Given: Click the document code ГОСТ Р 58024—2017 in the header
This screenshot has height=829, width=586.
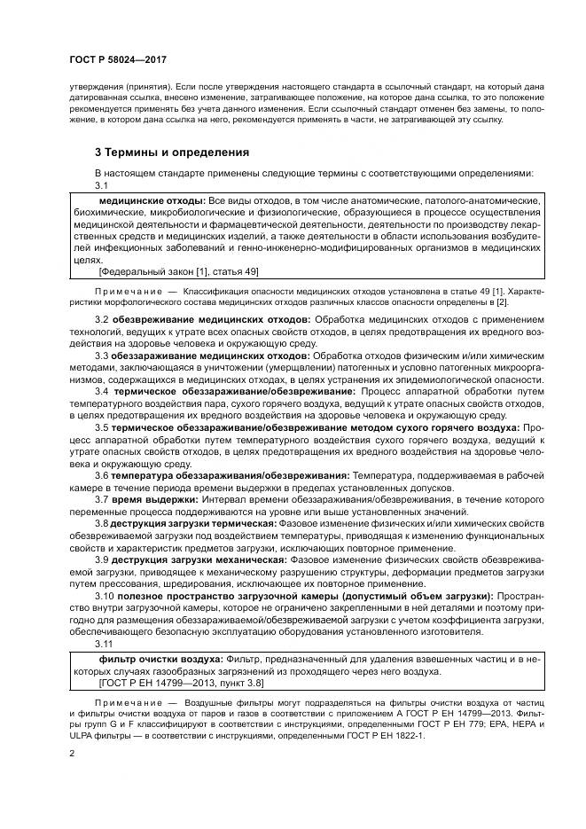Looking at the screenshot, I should click(x=119, y=59).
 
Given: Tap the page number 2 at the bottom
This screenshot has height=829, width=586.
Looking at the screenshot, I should click(x=72, y=752).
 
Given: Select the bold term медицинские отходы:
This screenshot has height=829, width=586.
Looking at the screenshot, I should click(x=154, y=202).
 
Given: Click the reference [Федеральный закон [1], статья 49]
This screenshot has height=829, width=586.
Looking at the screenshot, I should click(x=178, y=272).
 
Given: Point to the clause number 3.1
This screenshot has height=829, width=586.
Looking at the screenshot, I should click(x=101, y=185).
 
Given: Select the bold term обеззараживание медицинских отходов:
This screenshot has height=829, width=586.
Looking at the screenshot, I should click(x=199, y=356).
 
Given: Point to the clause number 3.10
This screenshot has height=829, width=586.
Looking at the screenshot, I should click(x=104, y=597).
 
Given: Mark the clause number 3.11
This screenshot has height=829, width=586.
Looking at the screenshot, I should click(x=104, y=645).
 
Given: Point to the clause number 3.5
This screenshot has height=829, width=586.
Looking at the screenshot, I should click(x=101, y=427).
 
